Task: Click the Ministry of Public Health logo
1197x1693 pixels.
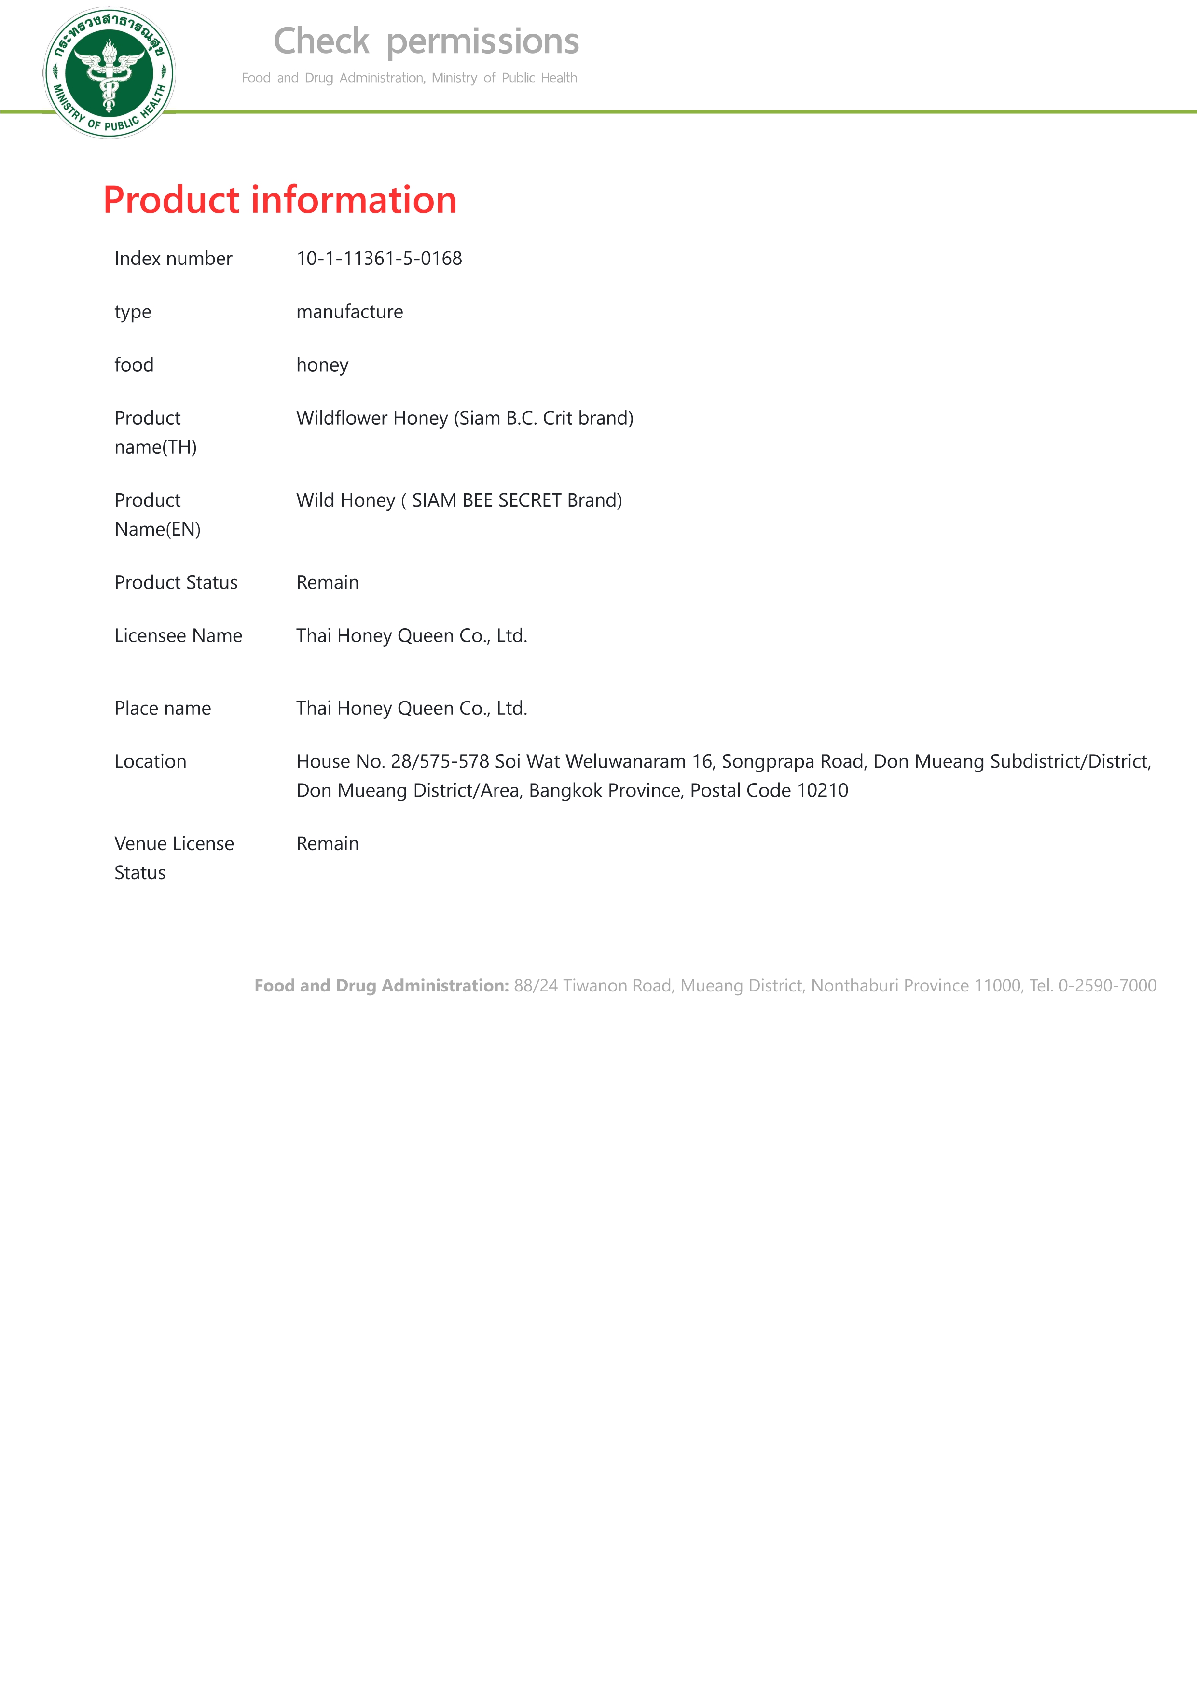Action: click(109, 72)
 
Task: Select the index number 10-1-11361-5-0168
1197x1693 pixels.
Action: click(379, 259)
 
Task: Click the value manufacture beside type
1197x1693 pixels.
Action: click(350, 312)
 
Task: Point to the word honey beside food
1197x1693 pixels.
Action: click(322, 365)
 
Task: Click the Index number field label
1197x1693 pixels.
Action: click(173, 259)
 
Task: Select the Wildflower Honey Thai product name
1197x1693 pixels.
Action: click(465, 418)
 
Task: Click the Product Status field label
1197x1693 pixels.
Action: click(176, 582)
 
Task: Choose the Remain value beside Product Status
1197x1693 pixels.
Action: click(328, 582)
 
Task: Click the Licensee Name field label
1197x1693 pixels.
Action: click(178, 635)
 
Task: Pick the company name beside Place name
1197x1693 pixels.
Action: click(412, 709)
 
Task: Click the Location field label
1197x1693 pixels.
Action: click(151, 762)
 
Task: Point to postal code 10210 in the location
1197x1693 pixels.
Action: click(822, 790)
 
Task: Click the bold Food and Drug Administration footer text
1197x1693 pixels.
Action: click(381, 986)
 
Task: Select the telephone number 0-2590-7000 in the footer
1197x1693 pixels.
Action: click(1107, 986)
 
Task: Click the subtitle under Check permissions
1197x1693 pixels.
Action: click(409, 78)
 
